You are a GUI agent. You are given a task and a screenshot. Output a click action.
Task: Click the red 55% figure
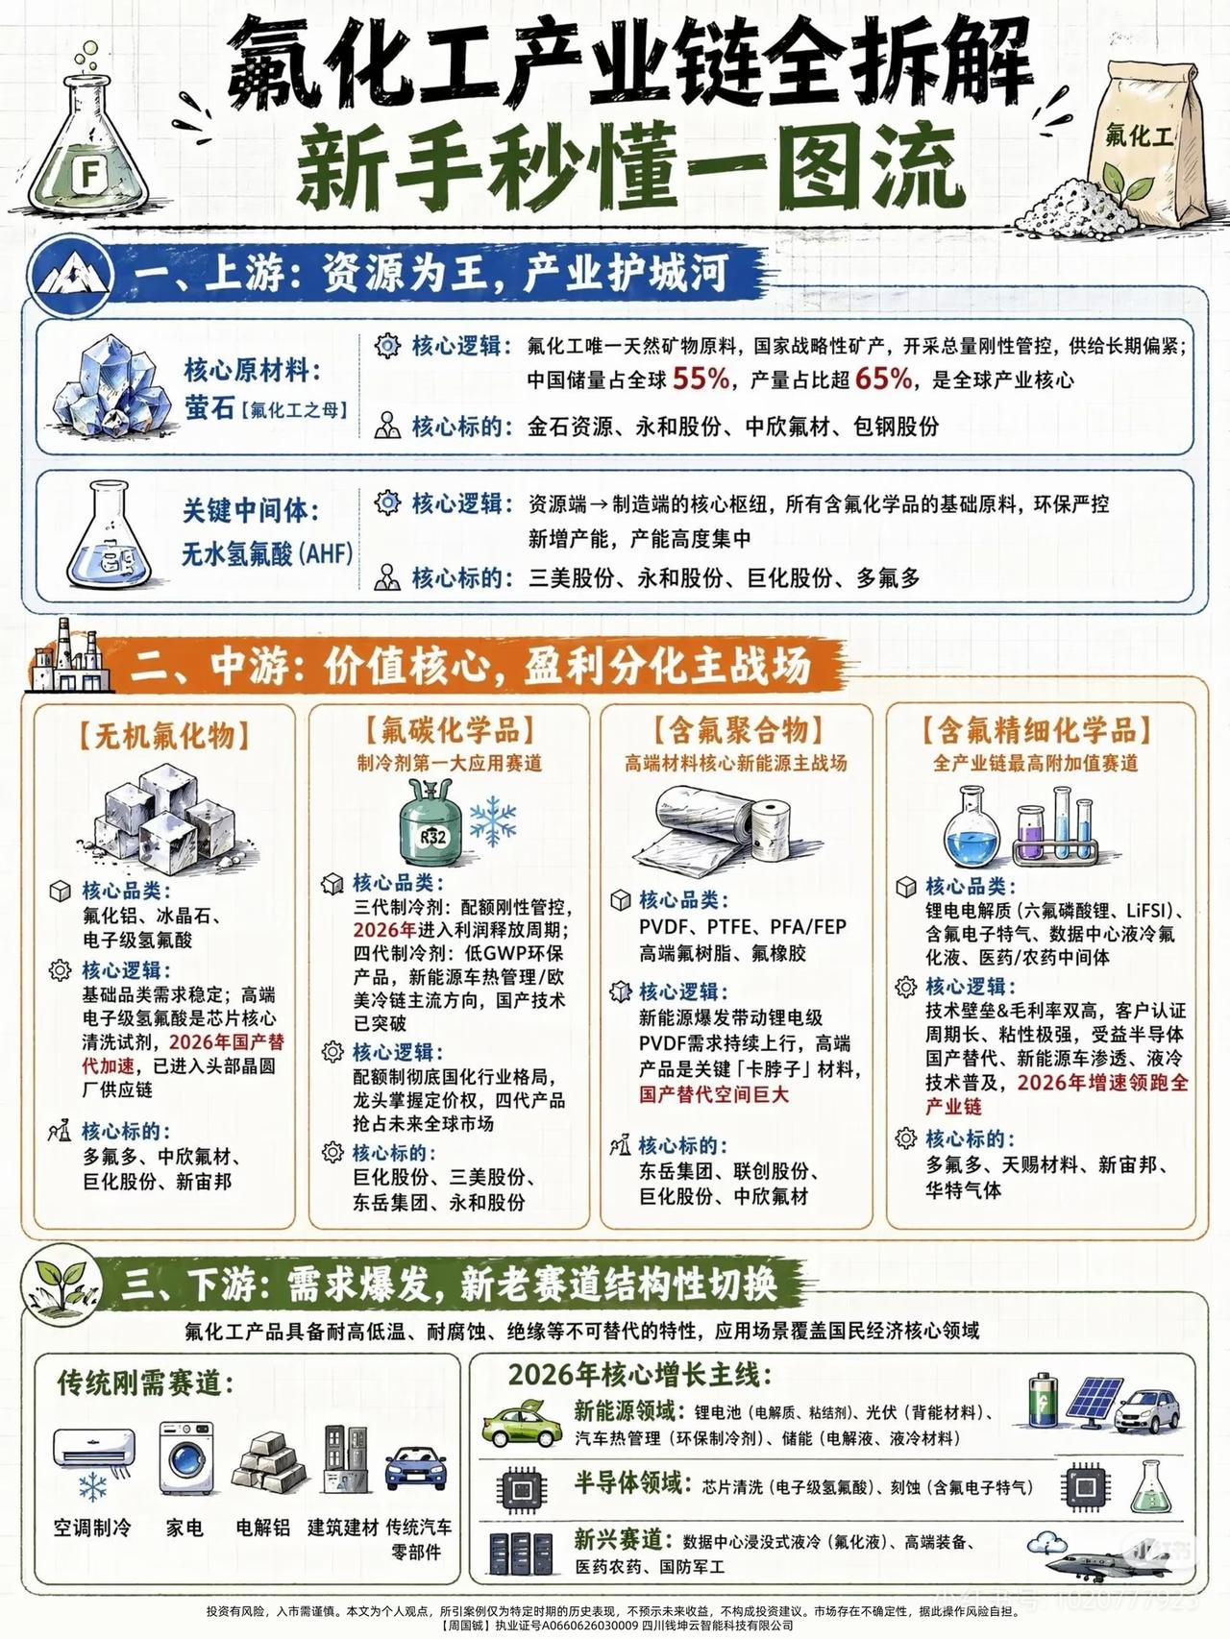701,379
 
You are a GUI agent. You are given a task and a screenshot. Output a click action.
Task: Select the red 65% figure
883,379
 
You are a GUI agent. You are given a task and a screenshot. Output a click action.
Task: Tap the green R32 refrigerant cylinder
431,828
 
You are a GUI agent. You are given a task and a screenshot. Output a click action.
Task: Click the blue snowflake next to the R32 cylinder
492,819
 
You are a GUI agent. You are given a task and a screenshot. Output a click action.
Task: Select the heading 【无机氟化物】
164,737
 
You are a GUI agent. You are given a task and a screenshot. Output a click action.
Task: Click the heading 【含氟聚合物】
737,731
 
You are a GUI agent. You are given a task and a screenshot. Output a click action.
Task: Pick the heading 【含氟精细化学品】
1037,731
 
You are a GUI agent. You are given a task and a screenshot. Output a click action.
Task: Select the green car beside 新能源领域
522,1425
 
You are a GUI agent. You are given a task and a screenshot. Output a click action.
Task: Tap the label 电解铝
262,1527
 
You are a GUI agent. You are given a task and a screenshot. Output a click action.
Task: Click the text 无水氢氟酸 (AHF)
267,554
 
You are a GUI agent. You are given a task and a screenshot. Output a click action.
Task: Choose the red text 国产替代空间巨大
714,1094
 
